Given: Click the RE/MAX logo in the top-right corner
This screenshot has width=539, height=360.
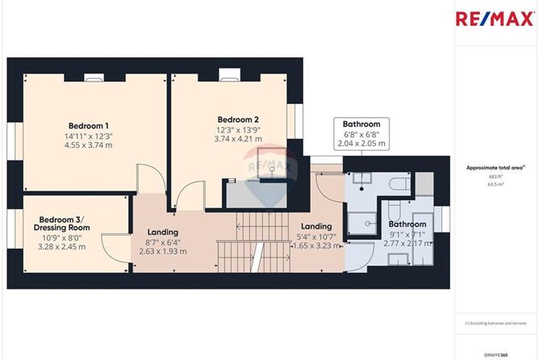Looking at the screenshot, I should coord(494,19).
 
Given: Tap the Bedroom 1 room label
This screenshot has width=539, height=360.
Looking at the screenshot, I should coord(89,126).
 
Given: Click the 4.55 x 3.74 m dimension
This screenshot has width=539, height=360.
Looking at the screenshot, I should coord(89,147).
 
